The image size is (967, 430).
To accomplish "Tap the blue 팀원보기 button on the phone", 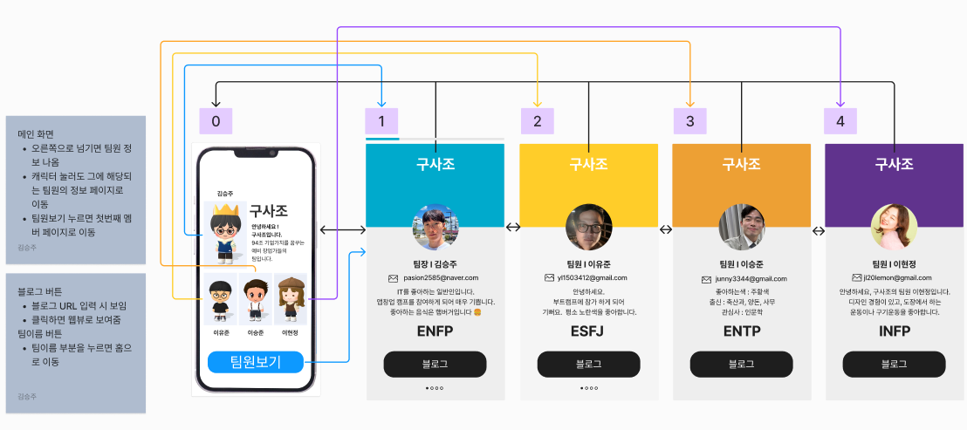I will [x=255, y=362].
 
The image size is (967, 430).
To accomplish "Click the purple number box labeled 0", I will [x=216, y=121].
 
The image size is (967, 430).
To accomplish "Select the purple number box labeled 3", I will [x=689, y=121].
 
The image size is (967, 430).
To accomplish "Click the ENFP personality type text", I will [x=435, y=331].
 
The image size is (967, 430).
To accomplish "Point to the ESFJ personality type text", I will [x=588, y=331].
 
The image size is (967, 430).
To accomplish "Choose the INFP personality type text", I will [x=894, y=331].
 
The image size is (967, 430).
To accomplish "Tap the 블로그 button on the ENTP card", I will [x=741, y=365].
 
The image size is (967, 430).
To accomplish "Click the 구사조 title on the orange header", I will [x=741, y=163].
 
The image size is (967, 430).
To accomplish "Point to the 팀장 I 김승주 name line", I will [x=435, y=263].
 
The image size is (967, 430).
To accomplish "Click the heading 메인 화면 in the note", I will [x=36, y=134].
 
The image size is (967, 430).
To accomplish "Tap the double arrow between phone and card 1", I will [x=343, y=229].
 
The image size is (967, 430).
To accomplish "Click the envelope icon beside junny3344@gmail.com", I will [x=707, y=279].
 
